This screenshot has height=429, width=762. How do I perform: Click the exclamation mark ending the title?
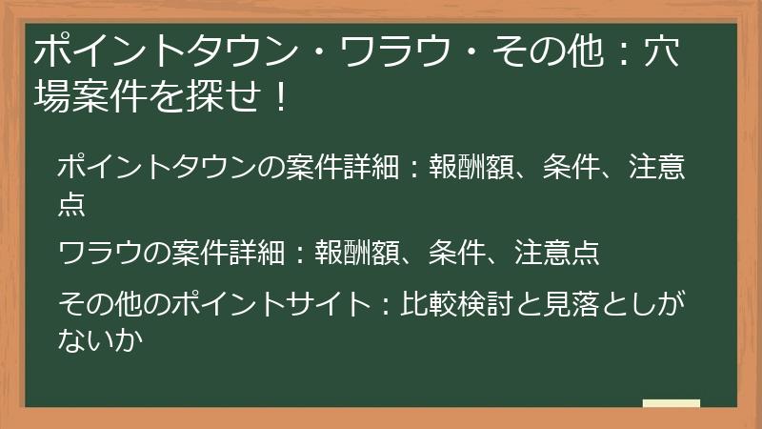[x=279, y=96]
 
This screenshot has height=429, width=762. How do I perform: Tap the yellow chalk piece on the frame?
[x=671, y=404]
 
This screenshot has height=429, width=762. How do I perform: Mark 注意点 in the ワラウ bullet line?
[x=557, y=253]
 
